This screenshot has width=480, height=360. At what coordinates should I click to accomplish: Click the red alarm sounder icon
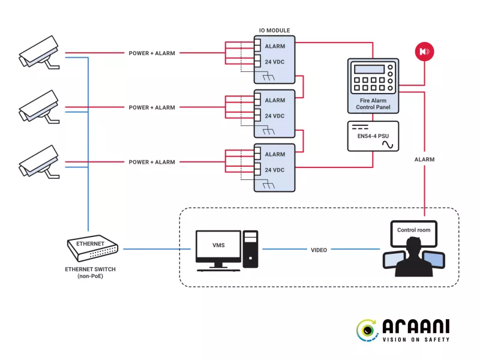click(x=424, y=52)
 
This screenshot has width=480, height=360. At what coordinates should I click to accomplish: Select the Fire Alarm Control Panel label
click(x=373, y=103)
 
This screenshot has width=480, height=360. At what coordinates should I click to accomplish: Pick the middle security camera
click(x=38, y=107)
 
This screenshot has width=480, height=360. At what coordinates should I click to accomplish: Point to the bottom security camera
click(x=38, y=162)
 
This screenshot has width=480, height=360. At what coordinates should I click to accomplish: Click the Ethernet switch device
click(x=92, y=247)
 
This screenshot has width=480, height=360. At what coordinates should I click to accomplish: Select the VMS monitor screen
click(x=218, y=245)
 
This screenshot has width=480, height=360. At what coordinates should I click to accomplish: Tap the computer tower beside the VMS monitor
click(x=250, y=248)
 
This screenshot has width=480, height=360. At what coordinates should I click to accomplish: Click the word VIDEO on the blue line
click(x=319, y=250)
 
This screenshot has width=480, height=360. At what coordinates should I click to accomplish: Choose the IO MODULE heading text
click(x=274, y=30)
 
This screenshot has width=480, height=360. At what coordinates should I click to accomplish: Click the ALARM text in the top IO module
click(x=275, y=46)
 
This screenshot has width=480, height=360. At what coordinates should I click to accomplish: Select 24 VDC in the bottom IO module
click(x=275, y=170)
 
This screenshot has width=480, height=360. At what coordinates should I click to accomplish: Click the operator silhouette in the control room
click(x=413, y=259)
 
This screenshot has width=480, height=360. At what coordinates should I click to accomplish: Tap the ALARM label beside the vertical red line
click(x=424, y=160)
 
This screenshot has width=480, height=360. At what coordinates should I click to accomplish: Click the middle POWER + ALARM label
click(x=152, y=108)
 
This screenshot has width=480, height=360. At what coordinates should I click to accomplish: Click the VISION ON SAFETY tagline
click(x=415, y=340)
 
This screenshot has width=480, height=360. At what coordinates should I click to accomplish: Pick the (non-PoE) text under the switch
click(x=90, y=277)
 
